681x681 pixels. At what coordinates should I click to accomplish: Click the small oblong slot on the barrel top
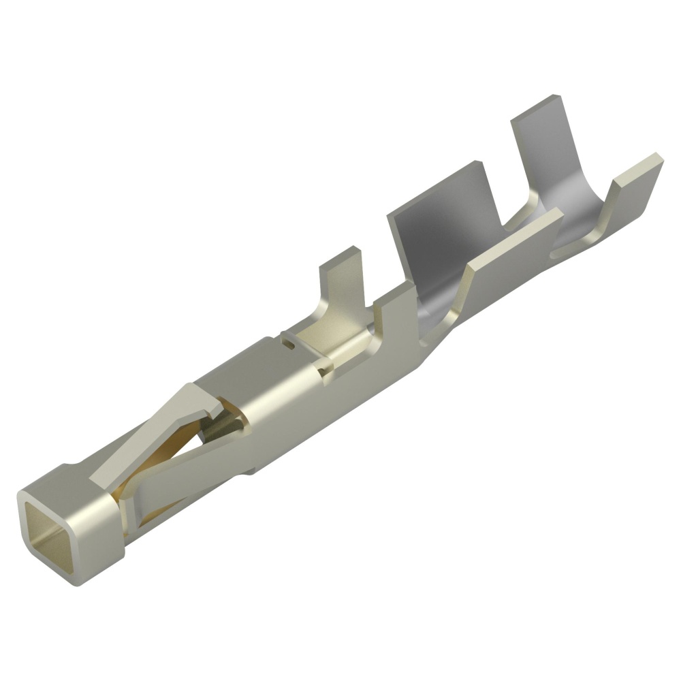[292, 345]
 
